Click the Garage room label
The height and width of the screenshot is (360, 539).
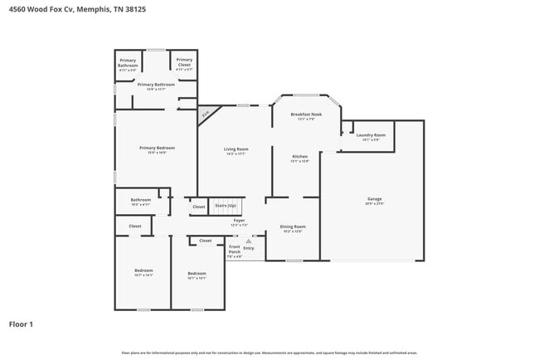pyautogui.click(x=375, y=199)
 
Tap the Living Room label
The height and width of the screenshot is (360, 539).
pyautogui.click(x=236, y=149)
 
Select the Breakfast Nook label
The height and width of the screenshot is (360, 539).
pyautogui.click(x=306, y=114)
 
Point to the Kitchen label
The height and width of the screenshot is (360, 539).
pyautogui.click(x=299, y=157)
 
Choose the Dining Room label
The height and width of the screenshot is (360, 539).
pyautogui.click(x=293, y=226)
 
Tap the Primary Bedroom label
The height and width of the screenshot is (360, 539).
pyautogui.click(x=157, y=148)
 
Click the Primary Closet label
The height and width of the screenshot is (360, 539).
pyautogui.click(x=184, y=60)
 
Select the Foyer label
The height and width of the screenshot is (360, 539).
pyautogui.click(x=239, y=221)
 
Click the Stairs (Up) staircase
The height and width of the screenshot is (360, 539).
pyautogui.click(x=226, y=206)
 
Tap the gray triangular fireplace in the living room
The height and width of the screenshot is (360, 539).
pyautogui.click(x=206, y=114)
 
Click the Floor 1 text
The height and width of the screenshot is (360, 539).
pyautogui.click(x=21, y=324)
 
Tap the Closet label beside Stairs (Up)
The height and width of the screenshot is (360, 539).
pyautogui.click(x=198, y=206)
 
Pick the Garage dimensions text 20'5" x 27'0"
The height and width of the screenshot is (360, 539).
pyautogui.click(x=375, y=203)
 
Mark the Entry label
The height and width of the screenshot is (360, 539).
pyautogui.click(x=249, y=248)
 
